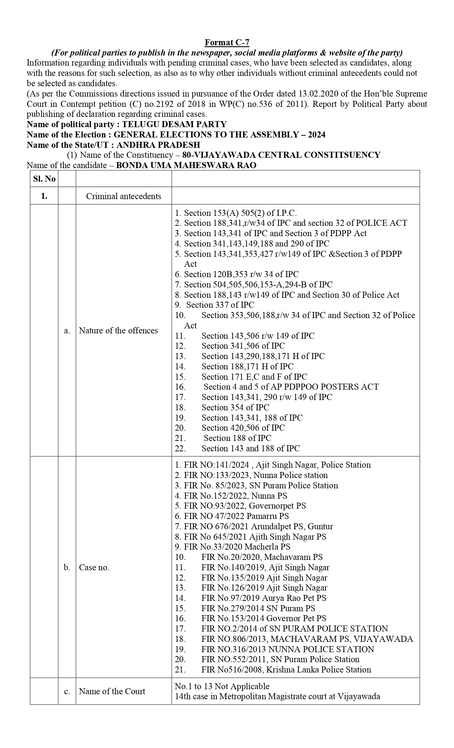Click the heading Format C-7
[x=227, y=43]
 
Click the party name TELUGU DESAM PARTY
[x=174, y=124]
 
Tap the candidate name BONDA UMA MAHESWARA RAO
[x=186, y=165]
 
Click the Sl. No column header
[x=44, y=179]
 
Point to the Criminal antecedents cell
[x=124, y=196]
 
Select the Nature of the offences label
[x=118, y=331]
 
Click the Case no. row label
[x=94, y=567]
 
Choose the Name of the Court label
[x=112, y=691]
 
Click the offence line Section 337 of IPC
[x=220, y=305]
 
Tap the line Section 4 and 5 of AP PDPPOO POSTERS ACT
[x=291, y=387]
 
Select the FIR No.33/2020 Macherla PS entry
[x=237, y=547]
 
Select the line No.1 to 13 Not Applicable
[x=222, y=686]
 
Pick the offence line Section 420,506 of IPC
[x=243, y=428]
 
